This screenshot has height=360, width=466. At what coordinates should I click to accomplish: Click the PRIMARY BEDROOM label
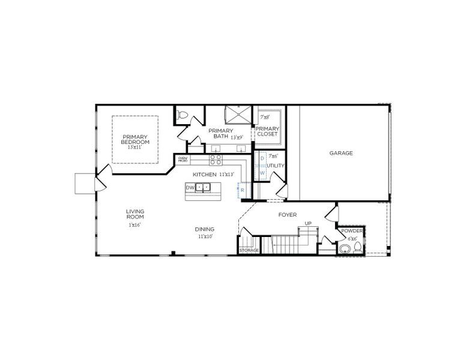(135, 139)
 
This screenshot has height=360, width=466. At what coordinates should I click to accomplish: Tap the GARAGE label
(340, 153)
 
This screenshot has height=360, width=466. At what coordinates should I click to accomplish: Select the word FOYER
(288, 214)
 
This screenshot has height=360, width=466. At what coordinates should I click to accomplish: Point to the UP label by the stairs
(308, 224)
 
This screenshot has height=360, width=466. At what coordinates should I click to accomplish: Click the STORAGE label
(249, 250)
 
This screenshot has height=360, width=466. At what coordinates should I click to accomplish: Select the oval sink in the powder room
(345, 248)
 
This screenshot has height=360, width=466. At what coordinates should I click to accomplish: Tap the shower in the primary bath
(237, 115)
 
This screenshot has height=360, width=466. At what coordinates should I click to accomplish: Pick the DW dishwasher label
(190, 188)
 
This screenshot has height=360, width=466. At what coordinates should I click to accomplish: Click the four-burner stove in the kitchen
(216, 160)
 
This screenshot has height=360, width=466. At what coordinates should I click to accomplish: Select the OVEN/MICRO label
(183, 160)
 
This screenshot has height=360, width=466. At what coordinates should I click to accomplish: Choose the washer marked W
(262, 173)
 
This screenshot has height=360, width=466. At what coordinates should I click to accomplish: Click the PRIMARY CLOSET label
(267, 131)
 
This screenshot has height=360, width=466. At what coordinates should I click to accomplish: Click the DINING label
(205, 229)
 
